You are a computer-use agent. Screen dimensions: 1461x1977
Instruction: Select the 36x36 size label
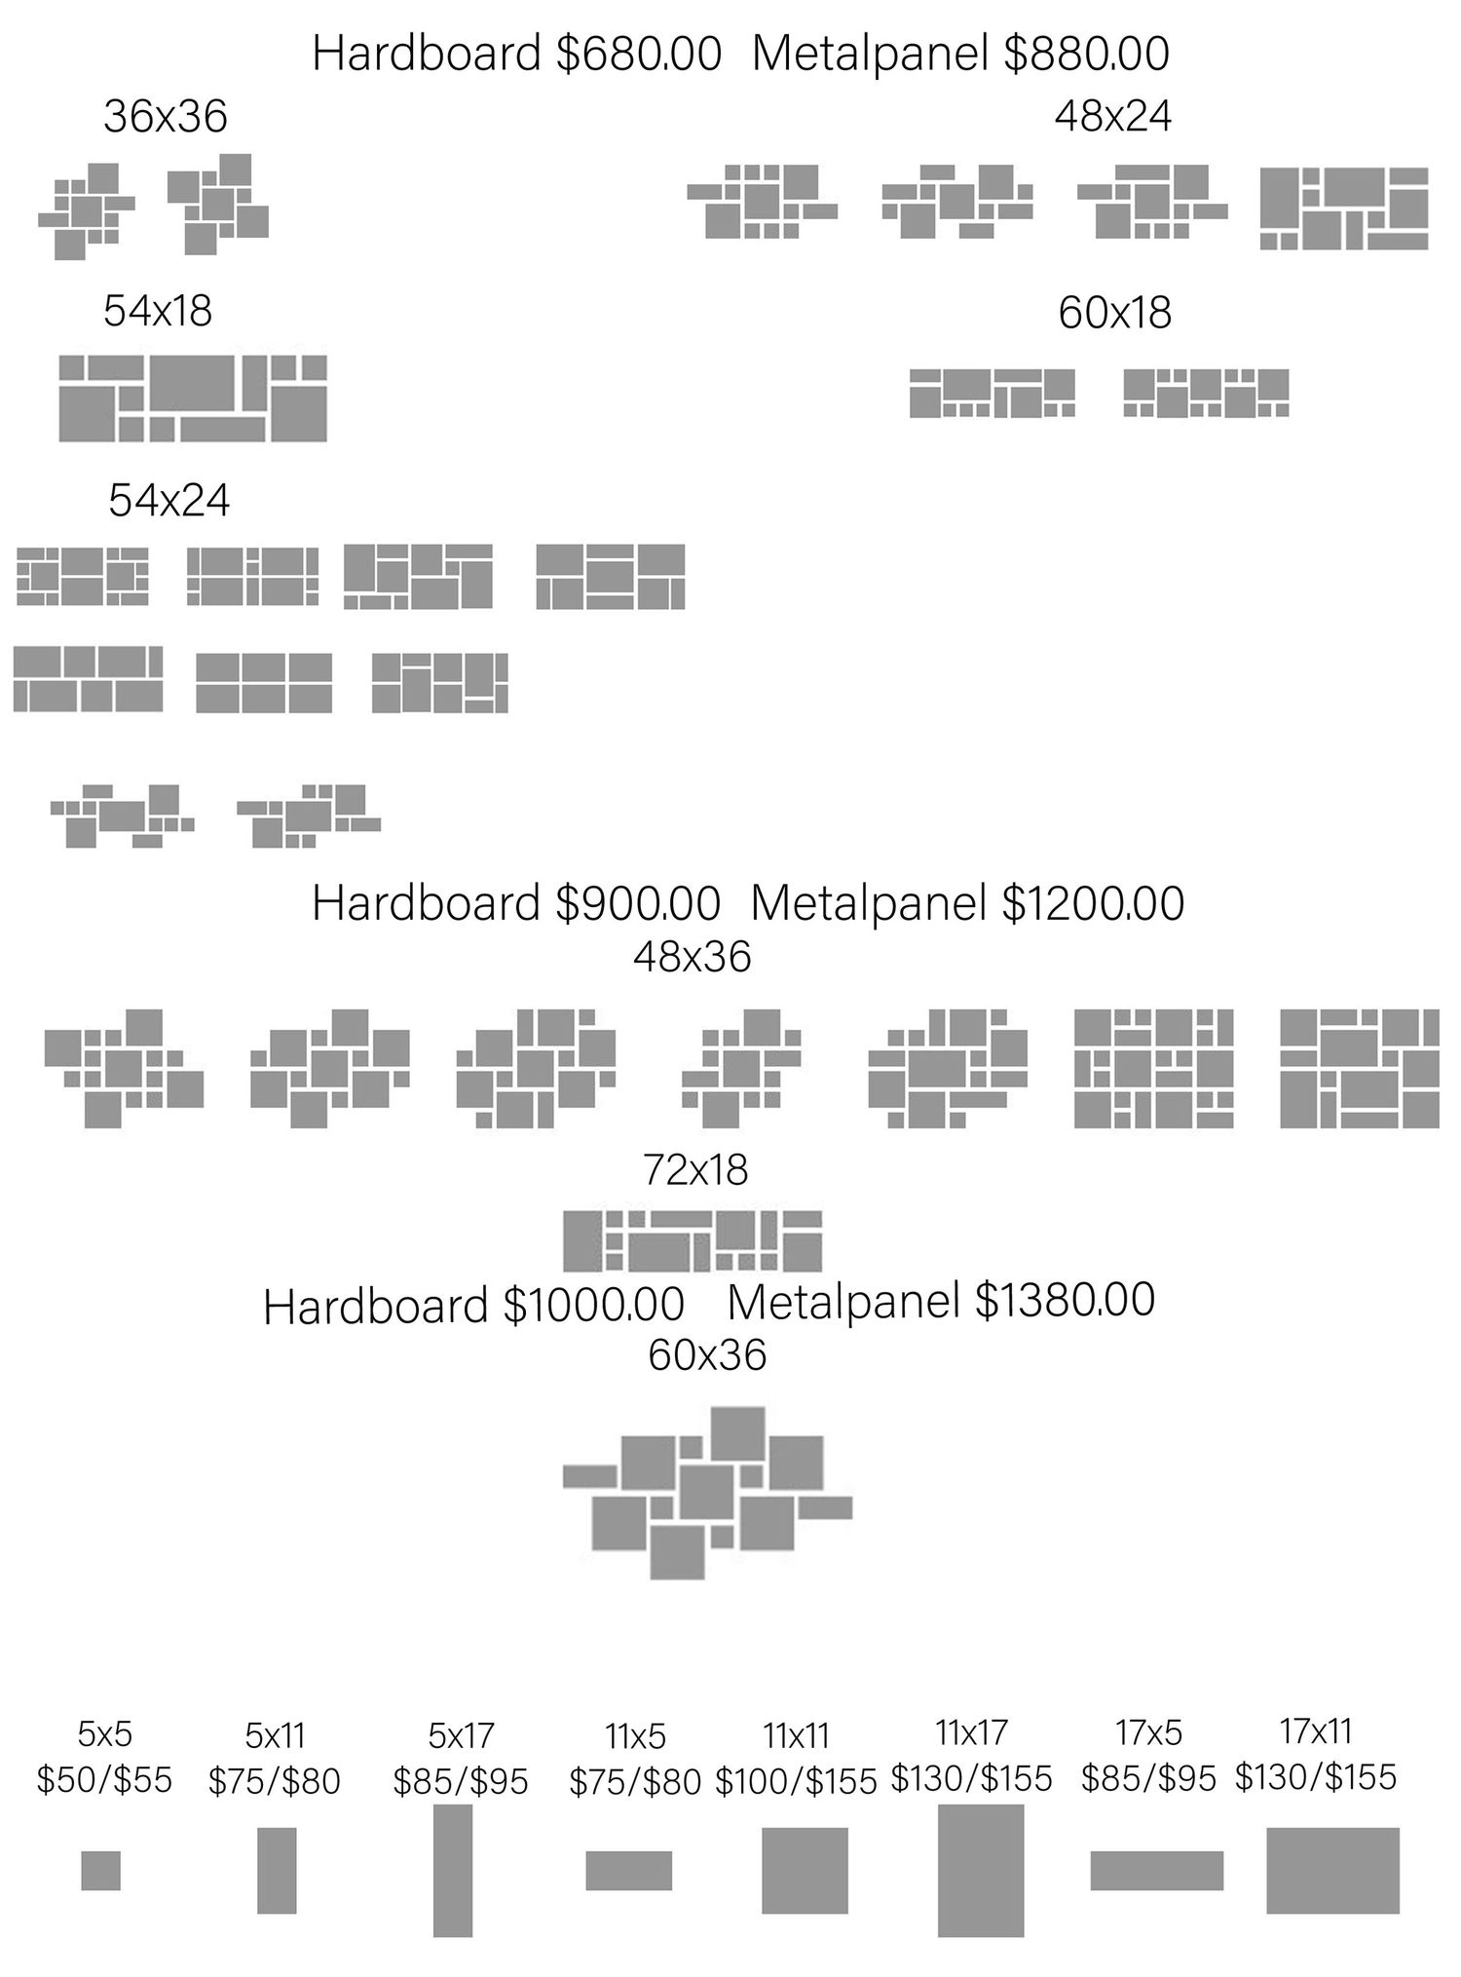click(166, 117)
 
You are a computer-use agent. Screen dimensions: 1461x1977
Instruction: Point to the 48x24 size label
click(1113, 116)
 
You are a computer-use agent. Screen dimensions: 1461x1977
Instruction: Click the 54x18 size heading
click(158, 311)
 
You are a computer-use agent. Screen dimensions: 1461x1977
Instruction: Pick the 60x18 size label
click(1115, 313)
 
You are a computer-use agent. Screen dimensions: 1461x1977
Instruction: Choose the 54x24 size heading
click(169, 501)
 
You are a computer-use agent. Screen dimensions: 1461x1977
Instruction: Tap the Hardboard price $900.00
click(639, 903)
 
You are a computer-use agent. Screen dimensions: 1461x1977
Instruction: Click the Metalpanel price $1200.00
click(1094, 903)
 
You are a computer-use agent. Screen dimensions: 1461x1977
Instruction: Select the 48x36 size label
click(693, 957)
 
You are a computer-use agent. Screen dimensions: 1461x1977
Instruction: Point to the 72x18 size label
click(695, 1169)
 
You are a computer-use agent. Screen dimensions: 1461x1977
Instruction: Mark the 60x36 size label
click(707, 1354)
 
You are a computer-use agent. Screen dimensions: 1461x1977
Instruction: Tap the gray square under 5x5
click(101, 1870)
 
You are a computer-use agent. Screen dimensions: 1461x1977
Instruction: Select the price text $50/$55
click(104, 1780)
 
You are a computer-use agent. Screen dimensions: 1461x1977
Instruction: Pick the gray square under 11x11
click(805, 1870)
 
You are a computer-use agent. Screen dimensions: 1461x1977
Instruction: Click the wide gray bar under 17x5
click(1157, 1870)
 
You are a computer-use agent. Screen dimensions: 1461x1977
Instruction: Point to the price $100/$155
click(797, 1781)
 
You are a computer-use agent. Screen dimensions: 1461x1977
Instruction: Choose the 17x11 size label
click(1316, 1731)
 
